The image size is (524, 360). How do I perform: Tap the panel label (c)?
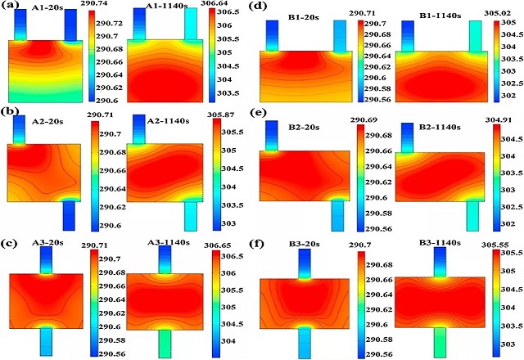tap(13, 243)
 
